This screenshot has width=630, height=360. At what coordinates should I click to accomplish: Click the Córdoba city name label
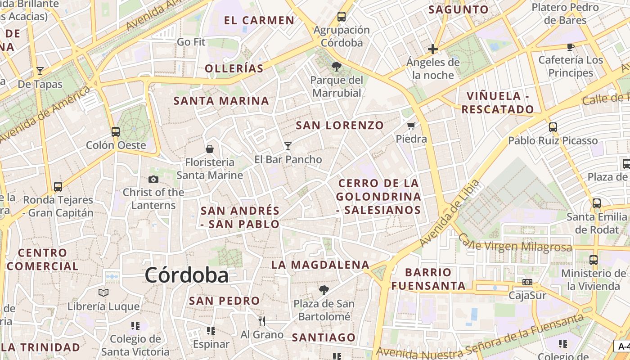(186, 275)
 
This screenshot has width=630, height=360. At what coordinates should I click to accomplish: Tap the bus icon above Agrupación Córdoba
(342, 17)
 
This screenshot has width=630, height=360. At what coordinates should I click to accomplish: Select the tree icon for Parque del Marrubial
(336, 67)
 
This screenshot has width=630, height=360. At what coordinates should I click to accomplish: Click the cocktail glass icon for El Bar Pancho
(288, 146)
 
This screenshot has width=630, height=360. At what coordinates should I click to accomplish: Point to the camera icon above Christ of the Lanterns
(153, 179)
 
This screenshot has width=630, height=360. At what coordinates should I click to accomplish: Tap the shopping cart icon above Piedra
(411, 126)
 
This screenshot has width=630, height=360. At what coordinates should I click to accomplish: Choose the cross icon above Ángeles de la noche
(433, 49)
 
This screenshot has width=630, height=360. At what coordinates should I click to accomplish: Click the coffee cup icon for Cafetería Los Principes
(571, 47)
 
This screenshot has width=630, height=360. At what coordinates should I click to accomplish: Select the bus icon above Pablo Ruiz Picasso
(553, 127)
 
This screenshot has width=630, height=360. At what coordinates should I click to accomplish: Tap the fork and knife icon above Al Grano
(261, 321)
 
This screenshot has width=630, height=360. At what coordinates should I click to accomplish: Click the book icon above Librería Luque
(103, 293)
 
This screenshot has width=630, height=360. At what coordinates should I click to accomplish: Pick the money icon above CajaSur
(527, 282)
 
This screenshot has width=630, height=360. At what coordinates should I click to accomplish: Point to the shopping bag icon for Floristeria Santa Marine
(209, 148)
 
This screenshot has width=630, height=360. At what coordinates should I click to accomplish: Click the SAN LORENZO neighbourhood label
(340, 126)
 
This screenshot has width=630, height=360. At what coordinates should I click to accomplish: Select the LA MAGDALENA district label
(320, 265)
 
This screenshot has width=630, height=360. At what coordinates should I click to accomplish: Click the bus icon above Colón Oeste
(116, 132)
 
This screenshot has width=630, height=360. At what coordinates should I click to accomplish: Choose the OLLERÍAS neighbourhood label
(234, 68)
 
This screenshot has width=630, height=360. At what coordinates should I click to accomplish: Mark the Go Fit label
(191, 42)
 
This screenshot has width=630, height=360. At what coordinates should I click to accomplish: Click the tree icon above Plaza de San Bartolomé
(324, 290)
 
